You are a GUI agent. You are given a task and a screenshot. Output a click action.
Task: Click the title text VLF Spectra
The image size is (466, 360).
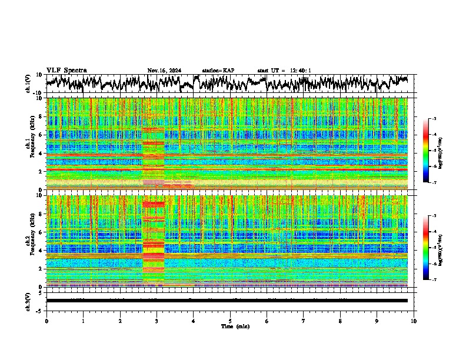pyautogui.click(x=66, y=71)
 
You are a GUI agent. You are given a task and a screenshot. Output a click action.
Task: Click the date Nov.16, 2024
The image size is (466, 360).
pyautogui.click(x=164, y=71)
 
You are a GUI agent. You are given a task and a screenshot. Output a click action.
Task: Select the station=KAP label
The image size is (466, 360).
pyautogui.click(x=218, y=71)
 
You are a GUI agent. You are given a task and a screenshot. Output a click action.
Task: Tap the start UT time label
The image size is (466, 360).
pyautogui.click(x=284, y=71)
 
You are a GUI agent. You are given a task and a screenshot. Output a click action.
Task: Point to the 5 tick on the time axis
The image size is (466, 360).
pyautogui.click(x=230, y=321)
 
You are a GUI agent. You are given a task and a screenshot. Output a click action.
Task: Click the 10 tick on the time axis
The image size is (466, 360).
pyautogui.click(x=414, y=321)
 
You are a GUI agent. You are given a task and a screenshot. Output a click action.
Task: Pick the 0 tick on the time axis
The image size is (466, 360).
pyautogui.click(x=46, y=321)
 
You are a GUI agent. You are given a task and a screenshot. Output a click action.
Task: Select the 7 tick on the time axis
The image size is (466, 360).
pyautogui.click(x=304, y=321)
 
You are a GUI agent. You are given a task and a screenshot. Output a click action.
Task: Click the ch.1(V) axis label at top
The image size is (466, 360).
pyautogui.click(x=28, y=84)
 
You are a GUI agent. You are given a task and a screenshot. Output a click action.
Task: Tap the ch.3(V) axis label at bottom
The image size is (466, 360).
pyautogui.click(x=28, y=301)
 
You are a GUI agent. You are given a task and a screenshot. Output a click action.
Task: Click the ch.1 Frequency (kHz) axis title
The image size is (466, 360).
pyautogui.click(x=30, y=144)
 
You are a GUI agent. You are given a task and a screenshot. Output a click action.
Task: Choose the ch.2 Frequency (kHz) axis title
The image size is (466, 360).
pyautogui.click(x=30, y=241)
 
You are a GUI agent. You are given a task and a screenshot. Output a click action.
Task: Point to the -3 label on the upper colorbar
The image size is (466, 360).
pyautogui.click(x=434, y=119)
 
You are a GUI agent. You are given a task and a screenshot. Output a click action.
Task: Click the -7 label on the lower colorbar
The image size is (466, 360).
pyautogui.click(x=434, y=280)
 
